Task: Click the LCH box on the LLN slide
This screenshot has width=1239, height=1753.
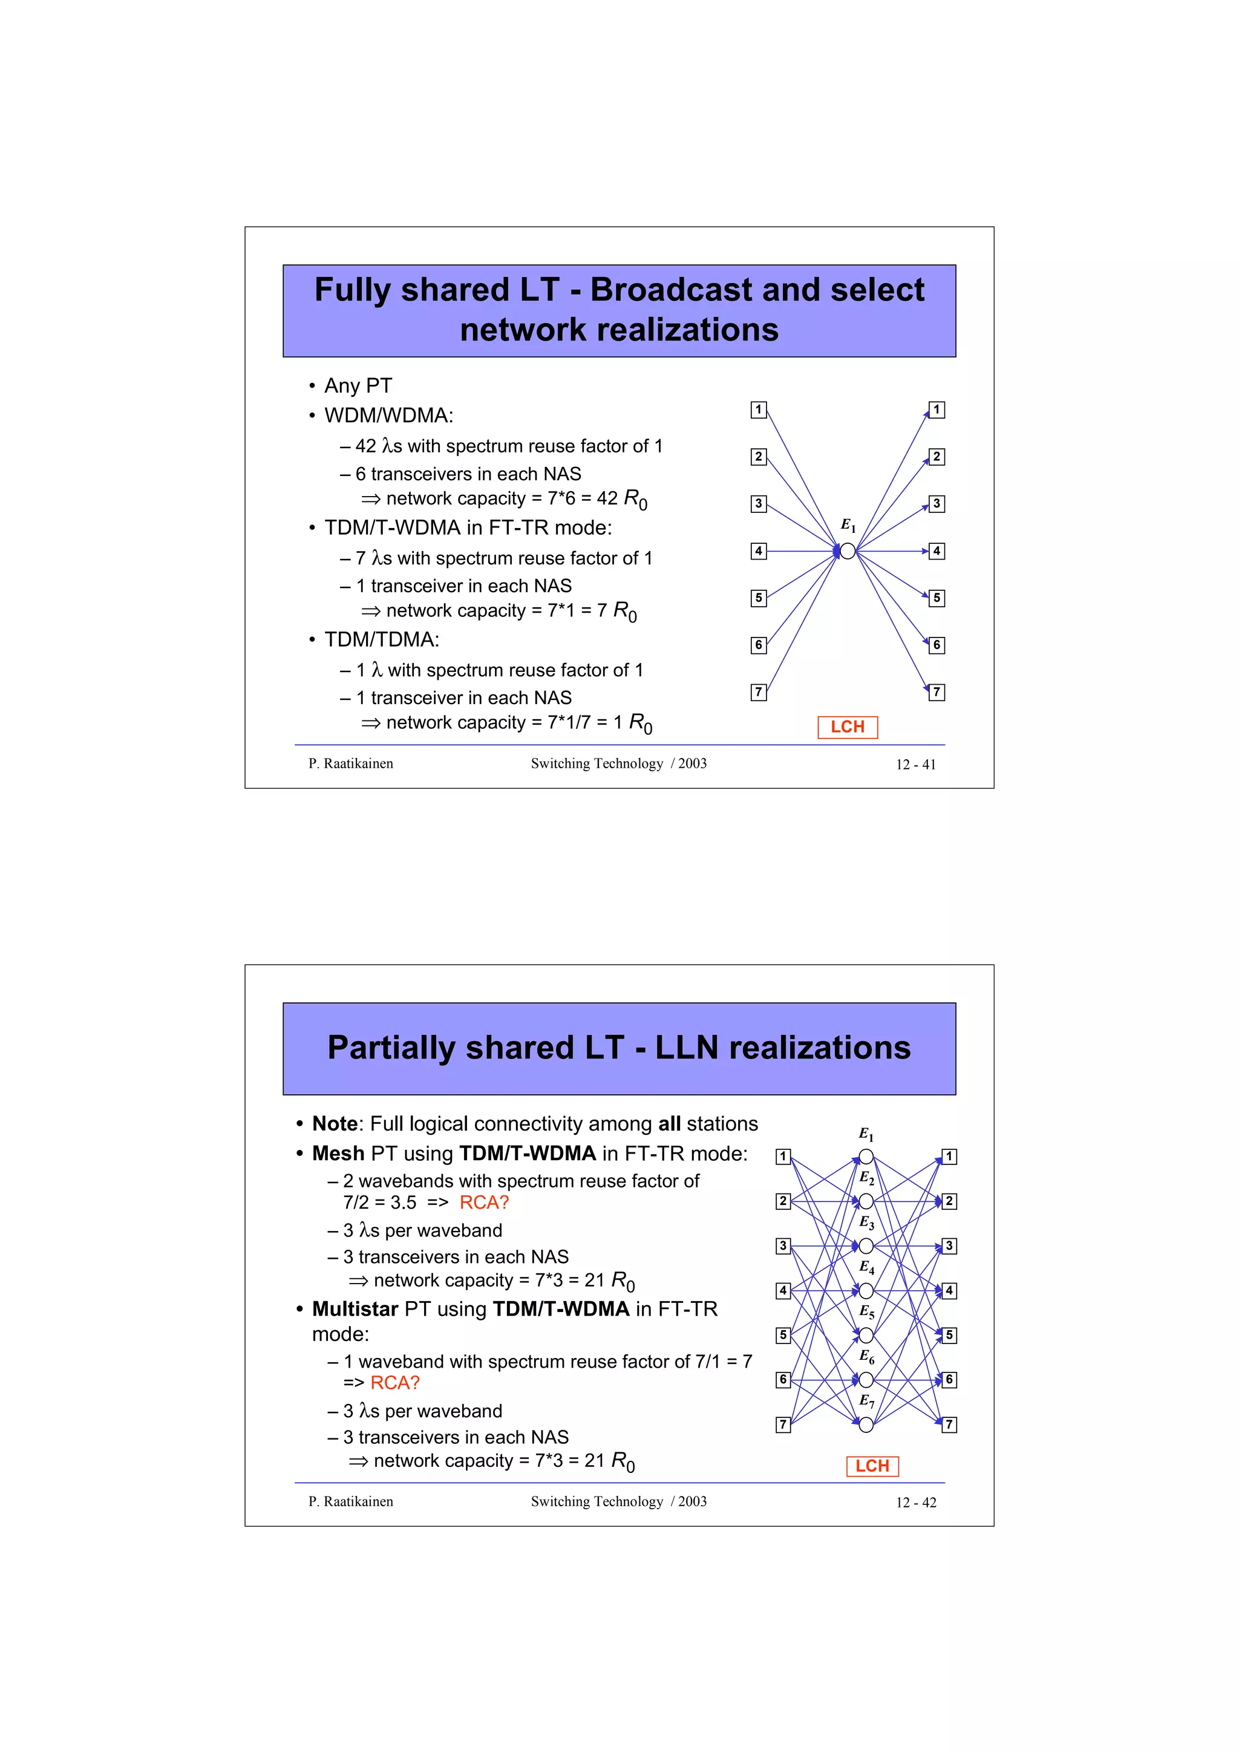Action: pyautogui.click(x=872, y=1466)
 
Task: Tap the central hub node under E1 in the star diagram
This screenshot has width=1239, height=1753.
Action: pyautogui.click(x=848, y=550)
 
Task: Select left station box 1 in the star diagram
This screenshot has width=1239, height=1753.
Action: pyautogui.click(x=758, y=410)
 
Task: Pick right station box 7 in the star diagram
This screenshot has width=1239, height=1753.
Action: pyautogui.click(x=937, y=693)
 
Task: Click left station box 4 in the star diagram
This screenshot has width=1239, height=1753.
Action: pyautogui.click(x=758, y=550)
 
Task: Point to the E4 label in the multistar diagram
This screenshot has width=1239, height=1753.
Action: pyautogui.click(x=866, y=1267)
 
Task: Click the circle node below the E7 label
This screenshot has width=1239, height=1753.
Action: pyautogui.click(x=866, y=1425)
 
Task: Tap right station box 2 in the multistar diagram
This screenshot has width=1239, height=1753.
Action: pyautogui.click(x=949, y=1201)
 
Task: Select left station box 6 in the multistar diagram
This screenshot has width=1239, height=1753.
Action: pyautogui.click(x=782, y=1380)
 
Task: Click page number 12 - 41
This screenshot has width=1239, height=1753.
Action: pyautogui.click(x=915, y=764)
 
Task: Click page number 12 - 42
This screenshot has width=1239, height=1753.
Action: pyautogui.click(x=915, y=1503)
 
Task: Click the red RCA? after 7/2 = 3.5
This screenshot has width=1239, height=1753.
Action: pyautogui.click(x=484, y=1203)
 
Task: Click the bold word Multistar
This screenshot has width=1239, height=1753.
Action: pyautogui.click(x=355, y=1308)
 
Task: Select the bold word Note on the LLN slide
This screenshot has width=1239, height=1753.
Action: pyautogui.click(x=335, y=1124)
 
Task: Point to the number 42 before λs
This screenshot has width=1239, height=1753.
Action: pyautogui.click(x=365, y=446)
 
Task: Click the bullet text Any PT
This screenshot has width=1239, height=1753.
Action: pyautogui.click(x=358, y=385)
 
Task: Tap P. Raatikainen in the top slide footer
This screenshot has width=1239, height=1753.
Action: pyautogui.click(x=350, y=763)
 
